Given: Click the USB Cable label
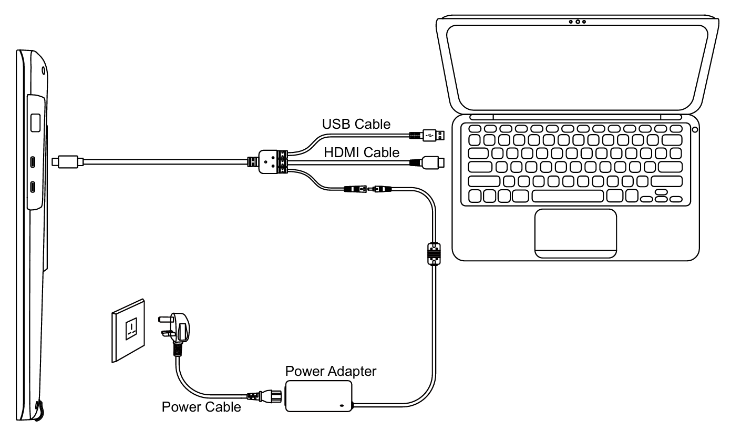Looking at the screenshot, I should tap(356, 125).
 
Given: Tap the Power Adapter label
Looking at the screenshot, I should tap(331, 371).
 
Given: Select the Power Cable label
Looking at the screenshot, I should tap(201, 406).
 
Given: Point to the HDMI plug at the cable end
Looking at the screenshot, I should tap(433, 163).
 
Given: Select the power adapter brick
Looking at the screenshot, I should tap(318, 396).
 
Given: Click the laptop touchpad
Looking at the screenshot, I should tap(575, 233).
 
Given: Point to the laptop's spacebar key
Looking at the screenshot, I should tap(568, 196).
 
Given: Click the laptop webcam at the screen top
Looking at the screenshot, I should tap(577, 22).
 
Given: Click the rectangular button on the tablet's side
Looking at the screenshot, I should tap(36, 122).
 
